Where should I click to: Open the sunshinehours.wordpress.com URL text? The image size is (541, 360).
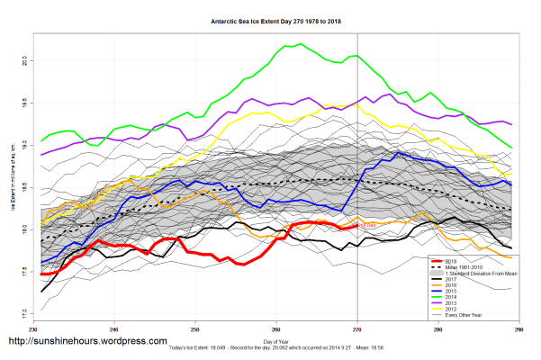tap(87, 342)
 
